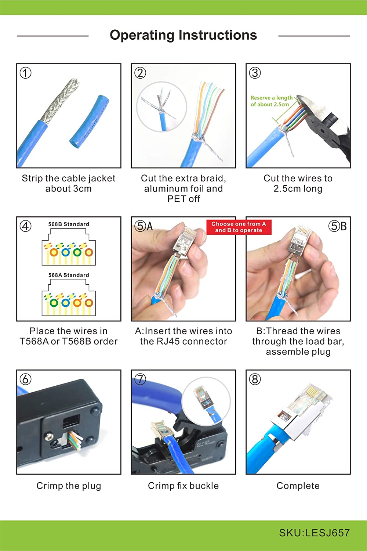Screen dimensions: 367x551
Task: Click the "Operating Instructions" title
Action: [x=183, y=35]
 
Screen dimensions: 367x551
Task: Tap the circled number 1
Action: [x=26, y=73]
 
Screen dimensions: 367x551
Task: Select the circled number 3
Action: [x=255, y=73]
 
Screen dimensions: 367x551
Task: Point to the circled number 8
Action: [x=255, y=379]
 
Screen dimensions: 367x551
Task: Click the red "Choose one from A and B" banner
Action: [x=239, y=227]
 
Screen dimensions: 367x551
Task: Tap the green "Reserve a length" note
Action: [x=272, y=101]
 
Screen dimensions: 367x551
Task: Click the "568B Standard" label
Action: [x=69, y=224]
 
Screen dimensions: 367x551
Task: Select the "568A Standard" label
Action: [x=69, y=275]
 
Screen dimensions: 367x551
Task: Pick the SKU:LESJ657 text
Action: [x=314, y=533]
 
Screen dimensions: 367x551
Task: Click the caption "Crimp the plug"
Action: [x=69, y=486]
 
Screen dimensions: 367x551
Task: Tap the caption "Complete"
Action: [x=298, y=486]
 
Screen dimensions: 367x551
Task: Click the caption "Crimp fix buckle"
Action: [x=183, y=486]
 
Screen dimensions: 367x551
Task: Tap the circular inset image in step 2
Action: [x=161, y=107]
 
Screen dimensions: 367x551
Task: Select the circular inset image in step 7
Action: [x=206, y=401]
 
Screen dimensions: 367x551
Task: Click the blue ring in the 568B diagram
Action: [x=66, y=252]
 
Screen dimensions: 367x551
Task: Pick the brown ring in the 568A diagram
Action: [x=89, y=303]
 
